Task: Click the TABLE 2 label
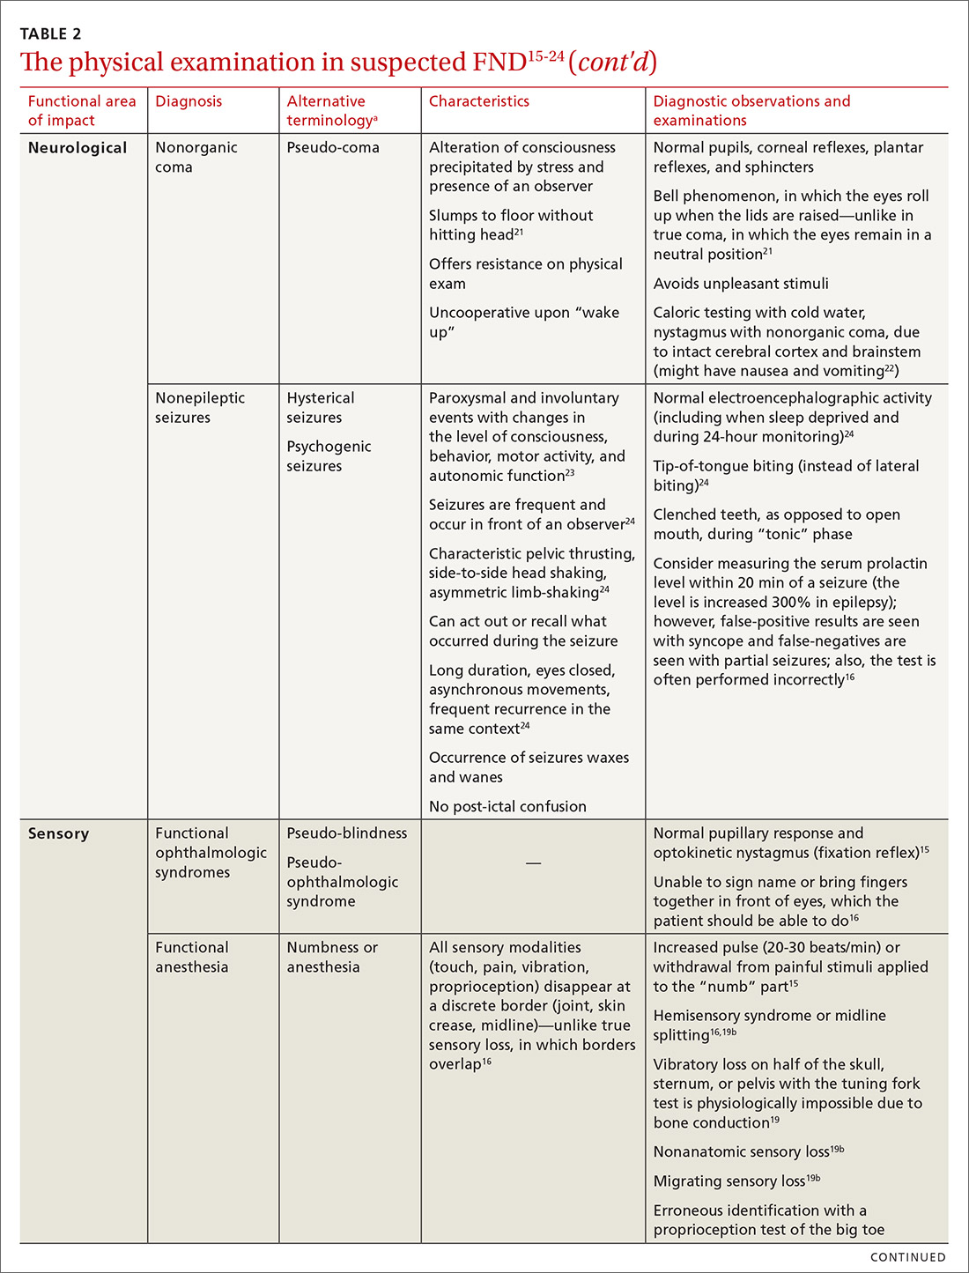tap(50, 34)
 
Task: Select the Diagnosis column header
tap(189, 101)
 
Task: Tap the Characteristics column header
tap(479, 101)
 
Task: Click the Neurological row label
tap(78, 148)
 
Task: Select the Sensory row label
tap(58, 833)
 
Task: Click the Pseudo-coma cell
tap(333, 148)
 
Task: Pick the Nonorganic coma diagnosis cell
tap(196, 158)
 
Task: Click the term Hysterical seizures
tap(320, 408)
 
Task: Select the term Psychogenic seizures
tap(329, 456)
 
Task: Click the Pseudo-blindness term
tap(347, 833)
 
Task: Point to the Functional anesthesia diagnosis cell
tap(192, 958)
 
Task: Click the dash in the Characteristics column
tap(533, 863)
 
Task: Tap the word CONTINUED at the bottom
tap(907, 1257)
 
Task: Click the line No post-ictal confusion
tap(507, 807)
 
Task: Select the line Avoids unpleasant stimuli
tap(741, 284)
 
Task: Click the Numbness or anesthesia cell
tap(331, 958)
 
